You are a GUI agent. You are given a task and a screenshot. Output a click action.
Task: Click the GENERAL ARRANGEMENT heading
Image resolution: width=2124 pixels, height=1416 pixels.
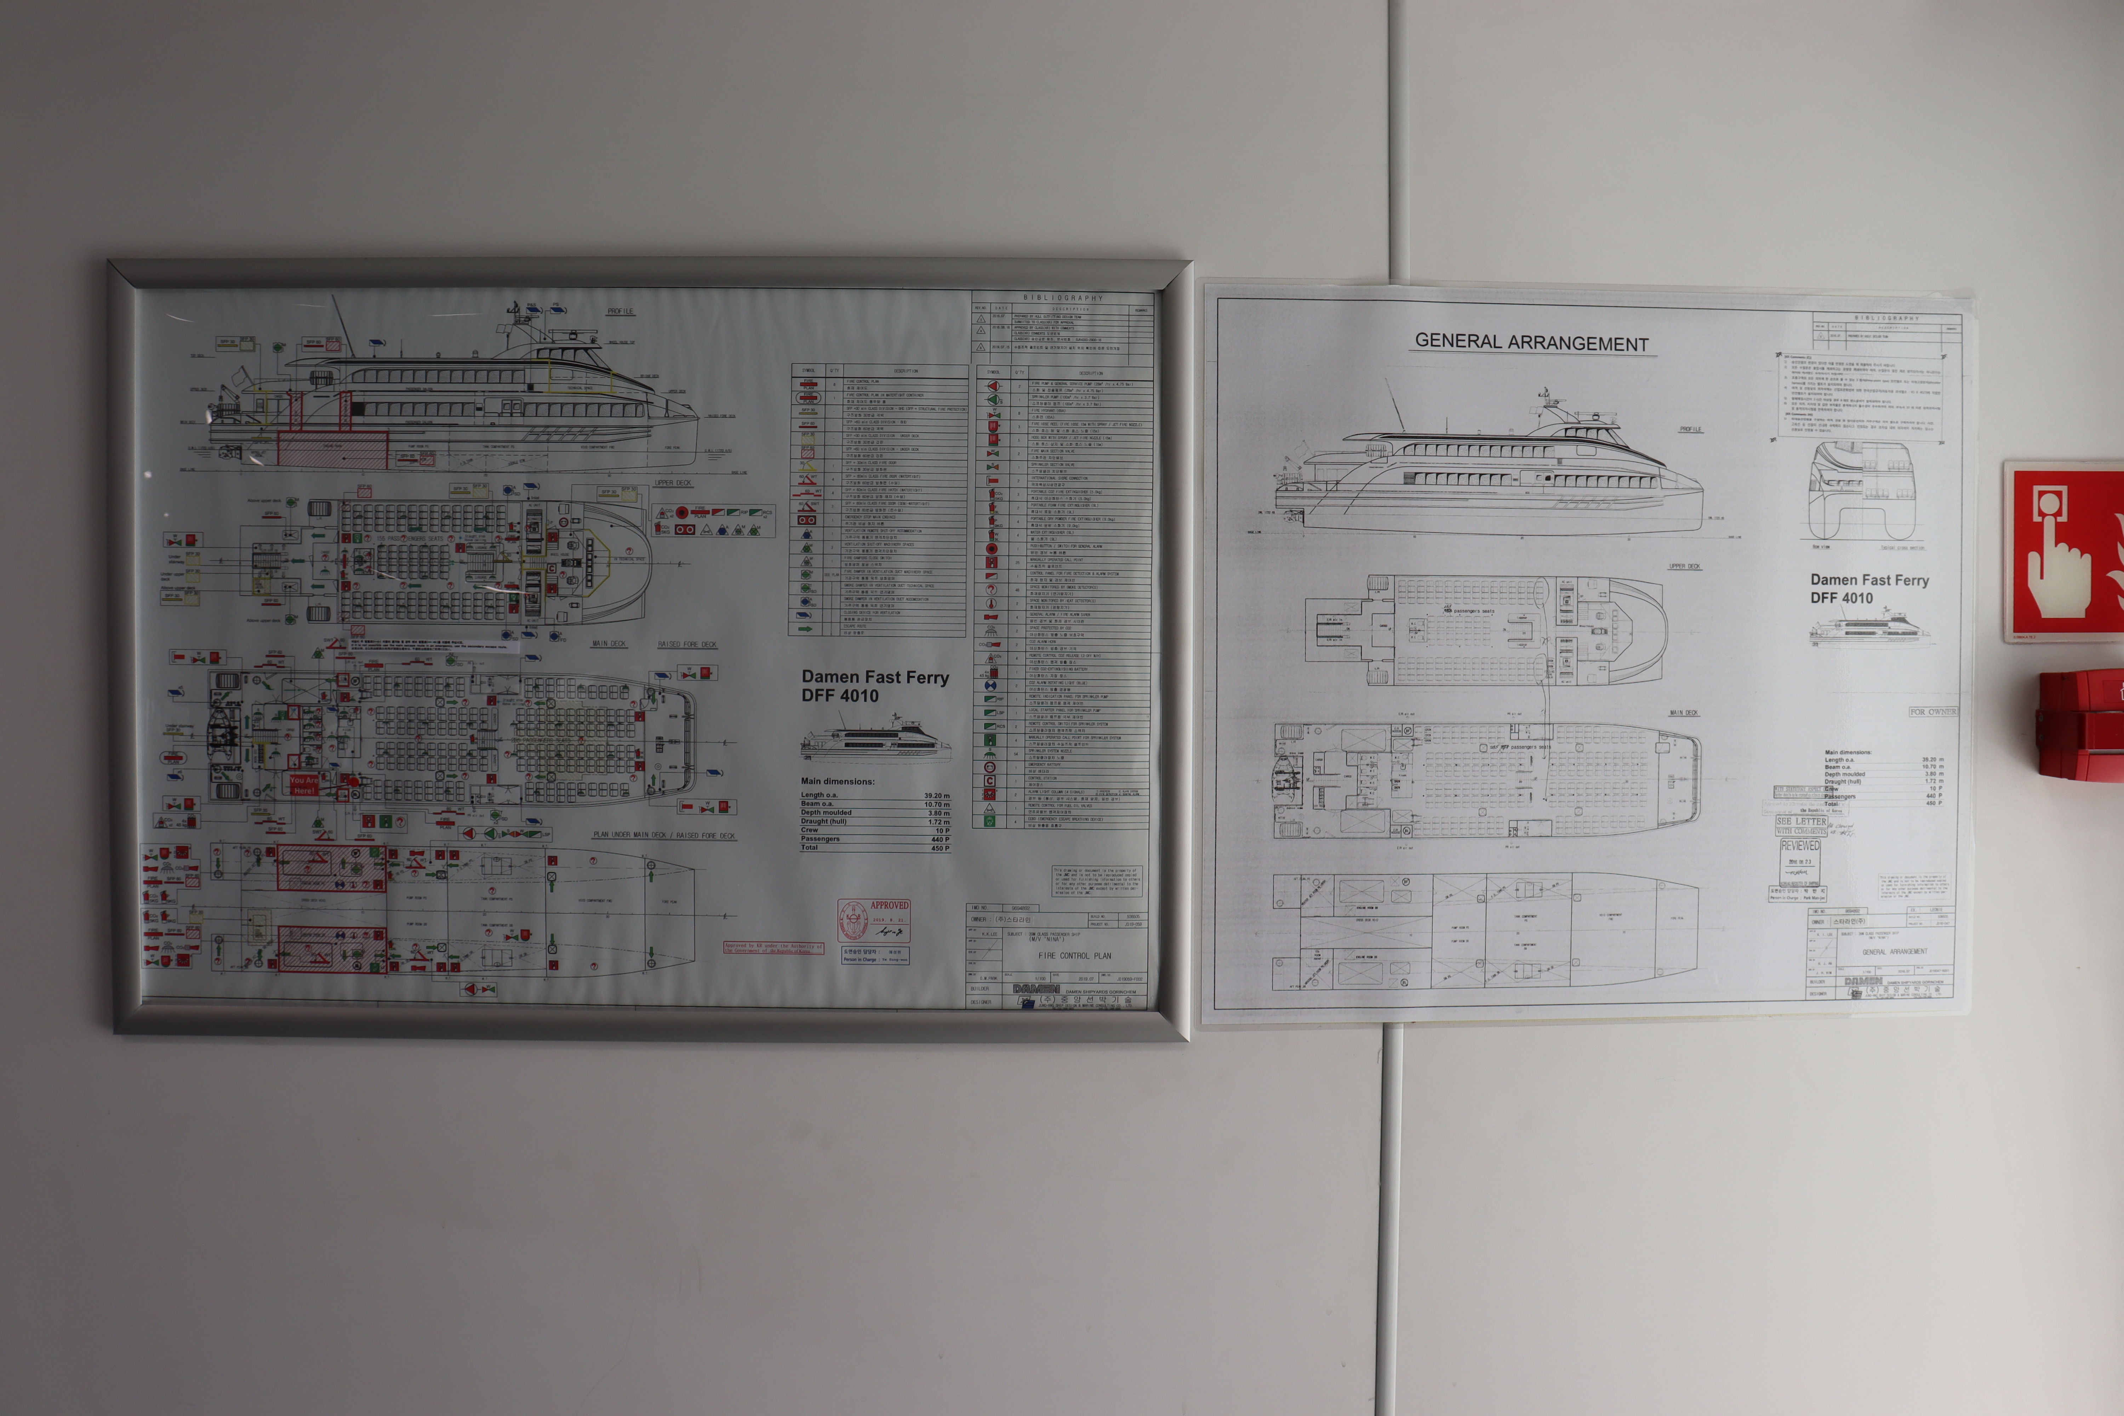(x=1532, y=342)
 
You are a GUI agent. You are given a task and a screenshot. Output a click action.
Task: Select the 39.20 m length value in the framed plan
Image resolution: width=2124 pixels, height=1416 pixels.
(x=936, y=795)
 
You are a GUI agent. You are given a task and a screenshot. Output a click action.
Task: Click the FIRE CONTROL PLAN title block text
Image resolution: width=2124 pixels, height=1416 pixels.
(x=1075, y=955)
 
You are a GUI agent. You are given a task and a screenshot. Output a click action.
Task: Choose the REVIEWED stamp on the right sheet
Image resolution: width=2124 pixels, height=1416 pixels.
(x=1800, y=846)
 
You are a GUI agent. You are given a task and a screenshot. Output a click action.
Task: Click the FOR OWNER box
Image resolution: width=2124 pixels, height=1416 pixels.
(x=1932, y=712)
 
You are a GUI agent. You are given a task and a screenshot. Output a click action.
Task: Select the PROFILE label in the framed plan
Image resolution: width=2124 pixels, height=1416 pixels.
(x=621, y=312)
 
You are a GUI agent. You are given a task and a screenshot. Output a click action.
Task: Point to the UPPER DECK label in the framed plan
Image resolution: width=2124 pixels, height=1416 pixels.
(x=673, y=483)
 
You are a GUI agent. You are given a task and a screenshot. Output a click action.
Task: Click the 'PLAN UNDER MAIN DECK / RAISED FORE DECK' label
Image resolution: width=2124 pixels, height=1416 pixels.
(x=664, y=835)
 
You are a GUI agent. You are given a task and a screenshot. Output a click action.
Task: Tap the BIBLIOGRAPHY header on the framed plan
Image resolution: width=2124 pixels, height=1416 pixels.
(x=1063, y=297)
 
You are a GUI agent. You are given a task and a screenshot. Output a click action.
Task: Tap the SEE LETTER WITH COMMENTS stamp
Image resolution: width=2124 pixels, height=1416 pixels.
(x=1802, y=826)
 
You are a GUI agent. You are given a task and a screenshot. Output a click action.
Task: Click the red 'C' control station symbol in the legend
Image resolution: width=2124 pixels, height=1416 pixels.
(x=990, y=781)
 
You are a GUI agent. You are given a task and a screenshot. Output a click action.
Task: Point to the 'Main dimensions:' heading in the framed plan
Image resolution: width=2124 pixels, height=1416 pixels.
(x=837, y=781)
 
